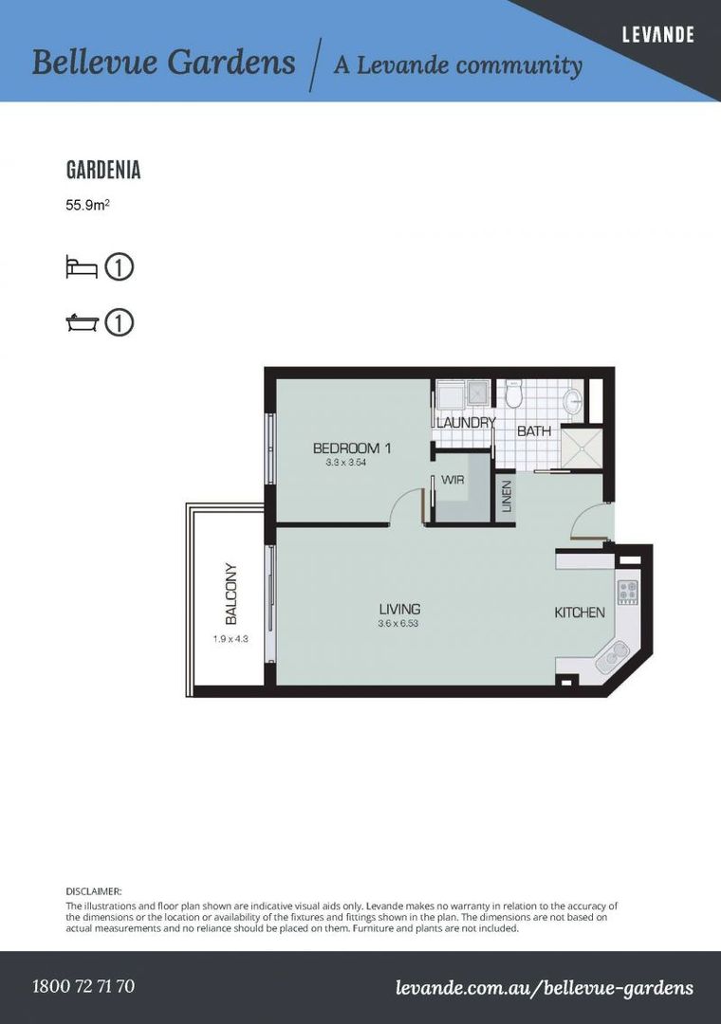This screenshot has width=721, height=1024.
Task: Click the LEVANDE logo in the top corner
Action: pos(657,35)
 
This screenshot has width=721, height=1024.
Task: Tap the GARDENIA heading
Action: pos(103,171)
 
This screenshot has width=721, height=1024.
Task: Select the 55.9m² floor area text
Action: pos(88,204)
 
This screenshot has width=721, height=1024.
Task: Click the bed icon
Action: pos(82,266)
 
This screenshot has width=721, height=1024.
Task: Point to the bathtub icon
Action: pos(82,323)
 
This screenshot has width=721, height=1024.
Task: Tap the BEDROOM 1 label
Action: pos(352,448)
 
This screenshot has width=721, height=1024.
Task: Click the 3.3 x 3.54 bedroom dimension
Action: pos(345,463)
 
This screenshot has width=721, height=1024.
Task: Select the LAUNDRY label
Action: pos(465,422)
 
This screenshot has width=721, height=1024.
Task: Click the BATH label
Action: pos(534,431)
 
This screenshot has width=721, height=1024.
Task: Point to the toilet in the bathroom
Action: pos(514,392)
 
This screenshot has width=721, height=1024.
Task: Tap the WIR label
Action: pos(453,480)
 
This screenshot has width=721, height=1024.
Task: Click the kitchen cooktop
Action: pos(627,593)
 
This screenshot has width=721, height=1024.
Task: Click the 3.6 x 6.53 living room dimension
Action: pos(399,623)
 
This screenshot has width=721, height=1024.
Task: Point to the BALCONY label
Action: pos(231,594)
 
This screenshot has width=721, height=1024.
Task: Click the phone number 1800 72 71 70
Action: pos(83,986)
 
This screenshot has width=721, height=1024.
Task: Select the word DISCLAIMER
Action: pos(94,891)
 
